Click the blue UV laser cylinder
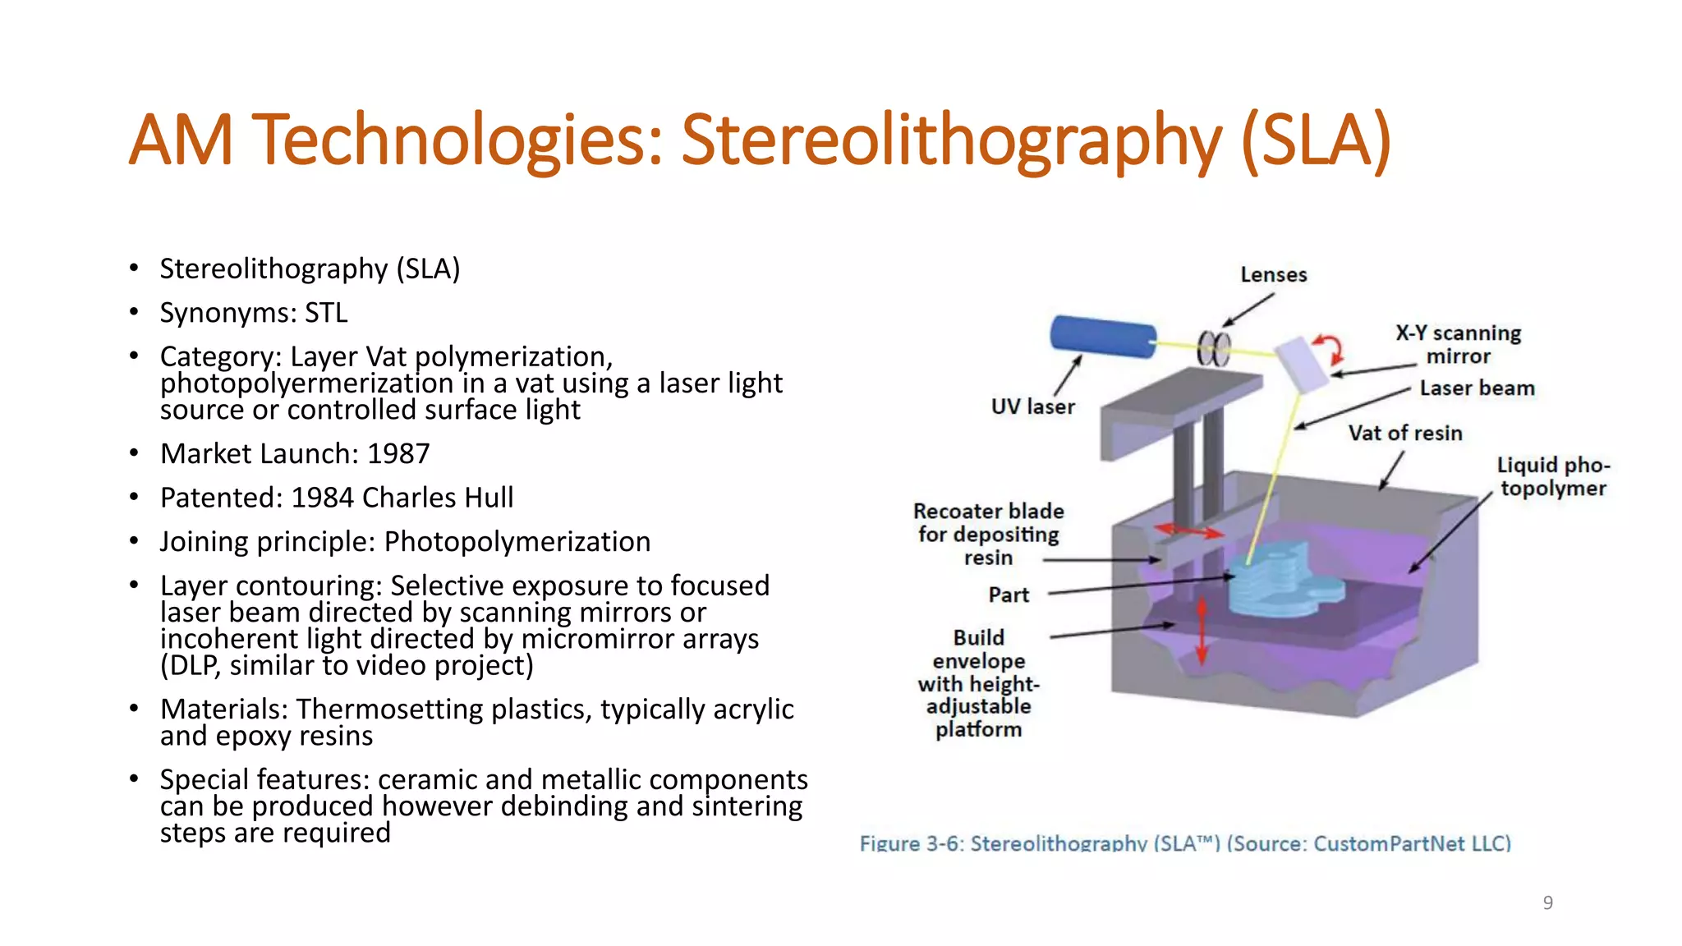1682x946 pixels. pyautogui.click(x=1102, y=337)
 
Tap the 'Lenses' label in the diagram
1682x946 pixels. pyautogui.click(x=1273, y=275)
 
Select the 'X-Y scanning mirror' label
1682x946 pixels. pyautogui.click(x=1458, y=345)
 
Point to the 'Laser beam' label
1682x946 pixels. pyautogui.click(x=1477, y=388)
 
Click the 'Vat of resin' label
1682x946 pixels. pyautogui.click(x=1404, y=434)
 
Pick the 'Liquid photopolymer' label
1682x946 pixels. pyautogui.click(x=1552, y=477)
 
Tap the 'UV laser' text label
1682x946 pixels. pyautogui.click(x=1032, y=407)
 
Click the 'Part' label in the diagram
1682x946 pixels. pyautogui.click(x=1009, y=595)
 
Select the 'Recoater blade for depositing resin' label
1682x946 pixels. pyautogui.click(x=988, y=535)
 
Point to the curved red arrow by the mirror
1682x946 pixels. pyautogui.click(x=1329, y=348)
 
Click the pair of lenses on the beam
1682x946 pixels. pyautogui.click(x=1214, y=349)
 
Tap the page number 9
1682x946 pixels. pyautogui.click(x=1547, y=903)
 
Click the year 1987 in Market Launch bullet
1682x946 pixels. pyautogui.click(x=398, y=454)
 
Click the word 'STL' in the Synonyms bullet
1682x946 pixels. pyautogui.click(x=326, y=314)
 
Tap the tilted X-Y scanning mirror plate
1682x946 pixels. pyautogui.click(x=1302, y=365)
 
